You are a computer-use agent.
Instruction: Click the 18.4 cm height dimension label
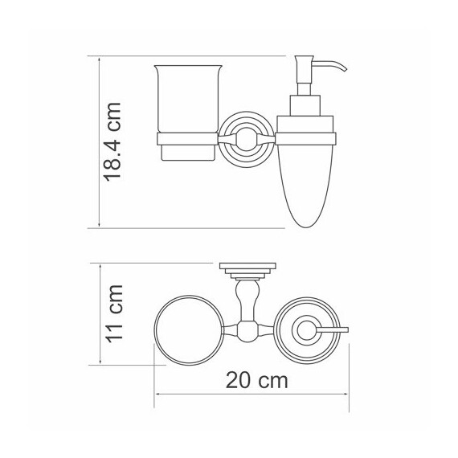pyautogui.click(x=115, y=142)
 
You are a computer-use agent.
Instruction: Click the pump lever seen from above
pyautogui.click(x=329, y=330)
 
